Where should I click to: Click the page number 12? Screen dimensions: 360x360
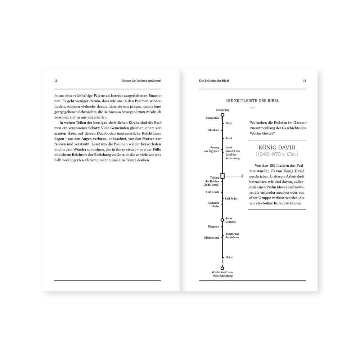55,81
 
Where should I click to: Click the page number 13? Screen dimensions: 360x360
304,81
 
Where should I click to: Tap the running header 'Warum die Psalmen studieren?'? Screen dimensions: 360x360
141,81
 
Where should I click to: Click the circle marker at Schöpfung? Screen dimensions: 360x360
222,115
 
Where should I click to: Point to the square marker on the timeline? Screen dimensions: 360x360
222,176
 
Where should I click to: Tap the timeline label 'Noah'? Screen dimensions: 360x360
229,123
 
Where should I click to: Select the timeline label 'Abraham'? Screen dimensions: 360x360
214,130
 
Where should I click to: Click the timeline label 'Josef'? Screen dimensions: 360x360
229,138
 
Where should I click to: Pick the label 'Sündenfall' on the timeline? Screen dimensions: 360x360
212,118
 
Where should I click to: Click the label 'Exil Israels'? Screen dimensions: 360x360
212,192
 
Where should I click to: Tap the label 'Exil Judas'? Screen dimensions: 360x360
231,199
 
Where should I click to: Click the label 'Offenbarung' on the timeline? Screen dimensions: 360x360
211,238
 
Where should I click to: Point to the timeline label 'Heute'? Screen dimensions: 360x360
229,257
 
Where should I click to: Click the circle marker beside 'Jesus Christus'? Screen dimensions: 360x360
222,220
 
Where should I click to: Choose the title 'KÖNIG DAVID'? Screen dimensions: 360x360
277,148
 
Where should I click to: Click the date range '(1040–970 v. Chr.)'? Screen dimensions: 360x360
277,154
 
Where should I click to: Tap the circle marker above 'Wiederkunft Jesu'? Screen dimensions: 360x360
222,268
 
